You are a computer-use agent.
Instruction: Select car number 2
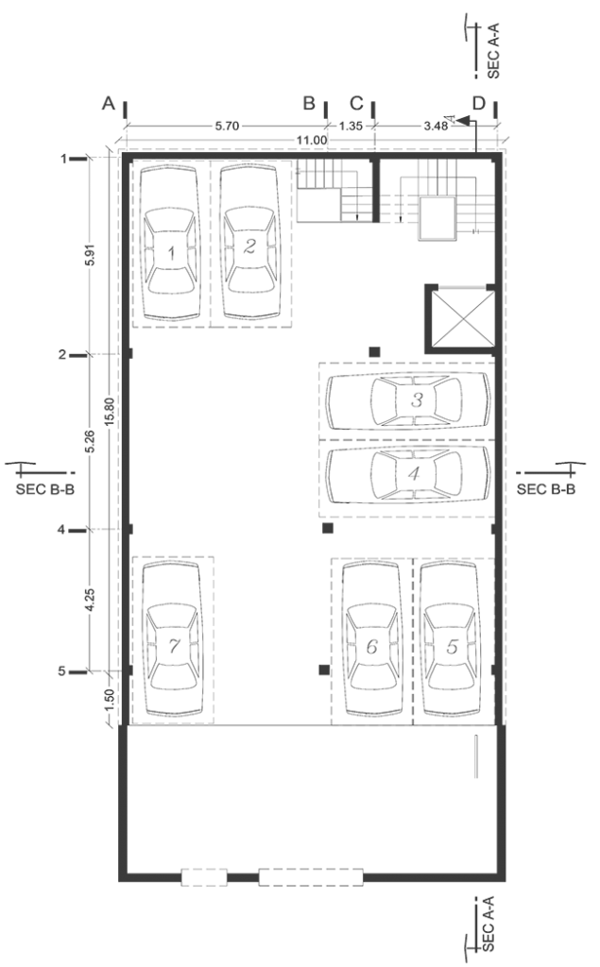click(250, 243)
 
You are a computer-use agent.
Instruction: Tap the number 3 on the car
click(418, 399)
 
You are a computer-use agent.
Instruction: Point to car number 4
click(408, 475)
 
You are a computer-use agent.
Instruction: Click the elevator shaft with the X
click(460, 318)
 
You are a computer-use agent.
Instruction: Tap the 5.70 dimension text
click(227, 126)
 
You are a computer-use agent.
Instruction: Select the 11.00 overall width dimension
click(311, 140)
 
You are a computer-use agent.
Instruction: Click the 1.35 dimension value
click(351, 126)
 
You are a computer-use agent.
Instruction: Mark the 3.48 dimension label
click(436, 126)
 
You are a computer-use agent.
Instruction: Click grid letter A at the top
click(109, 103)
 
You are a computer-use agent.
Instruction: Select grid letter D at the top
click(479, 103)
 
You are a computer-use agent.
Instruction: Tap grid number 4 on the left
click(61, 529)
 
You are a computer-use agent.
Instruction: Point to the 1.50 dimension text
click(110, 698)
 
